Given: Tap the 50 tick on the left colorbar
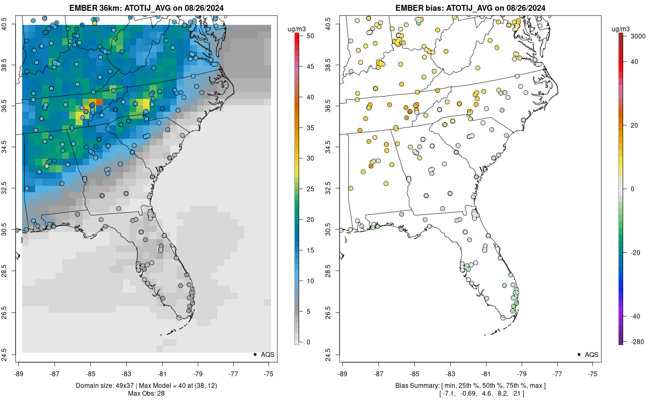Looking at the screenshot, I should pos(307,36).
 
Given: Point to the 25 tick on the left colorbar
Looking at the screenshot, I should pos(307,189).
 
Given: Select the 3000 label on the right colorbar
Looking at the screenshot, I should pos(634,36).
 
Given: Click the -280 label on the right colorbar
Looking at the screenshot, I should pos(634,341).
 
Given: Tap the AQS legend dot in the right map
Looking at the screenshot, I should pos(578,354).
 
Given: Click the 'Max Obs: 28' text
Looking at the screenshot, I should pos(146,393).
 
